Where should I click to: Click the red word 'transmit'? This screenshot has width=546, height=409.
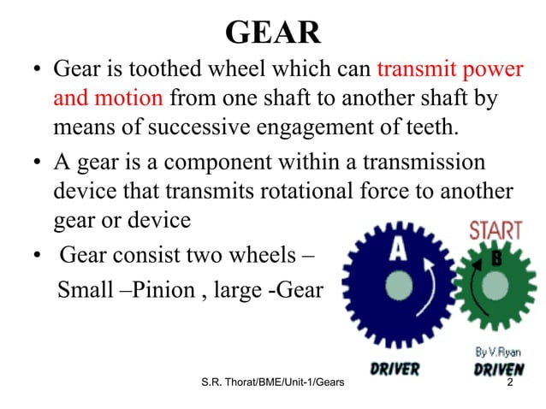coord(414,68)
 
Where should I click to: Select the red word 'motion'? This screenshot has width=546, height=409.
coord(128,98)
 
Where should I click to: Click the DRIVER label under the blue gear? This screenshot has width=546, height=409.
coord(395,370)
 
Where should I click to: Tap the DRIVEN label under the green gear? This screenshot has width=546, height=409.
coord(499,370)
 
